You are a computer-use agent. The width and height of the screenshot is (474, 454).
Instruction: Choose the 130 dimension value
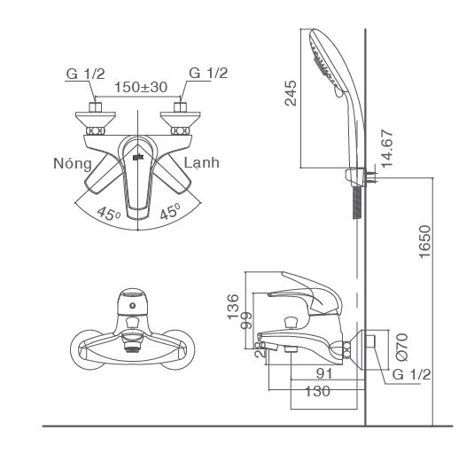point(315,391)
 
